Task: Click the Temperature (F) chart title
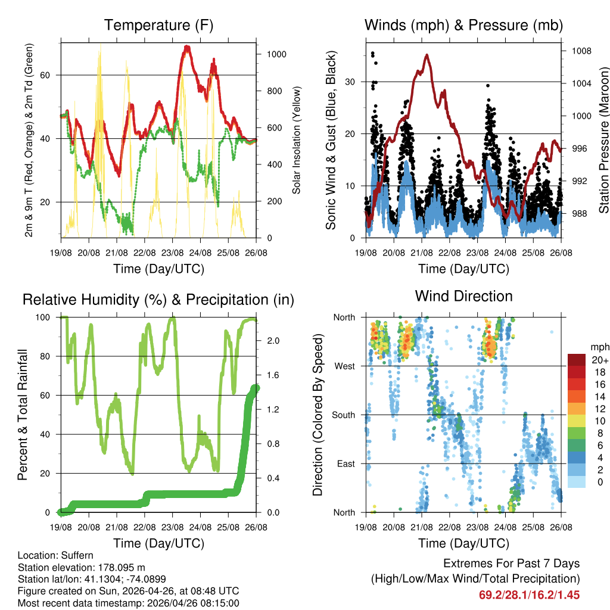tap(158, 26)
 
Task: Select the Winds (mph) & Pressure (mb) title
tap(463, 26)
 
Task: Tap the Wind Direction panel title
tap(463, 296)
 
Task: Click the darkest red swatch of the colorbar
tap(578, 360)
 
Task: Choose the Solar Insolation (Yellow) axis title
tap(297, 140)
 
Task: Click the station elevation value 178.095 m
tap(119, 567)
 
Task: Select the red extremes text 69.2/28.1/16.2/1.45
tap(529, 595)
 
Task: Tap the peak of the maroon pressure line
tap(427, 55)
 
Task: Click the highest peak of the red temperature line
tap(187, 46)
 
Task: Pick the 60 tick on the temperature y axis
tap(51, 75)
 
